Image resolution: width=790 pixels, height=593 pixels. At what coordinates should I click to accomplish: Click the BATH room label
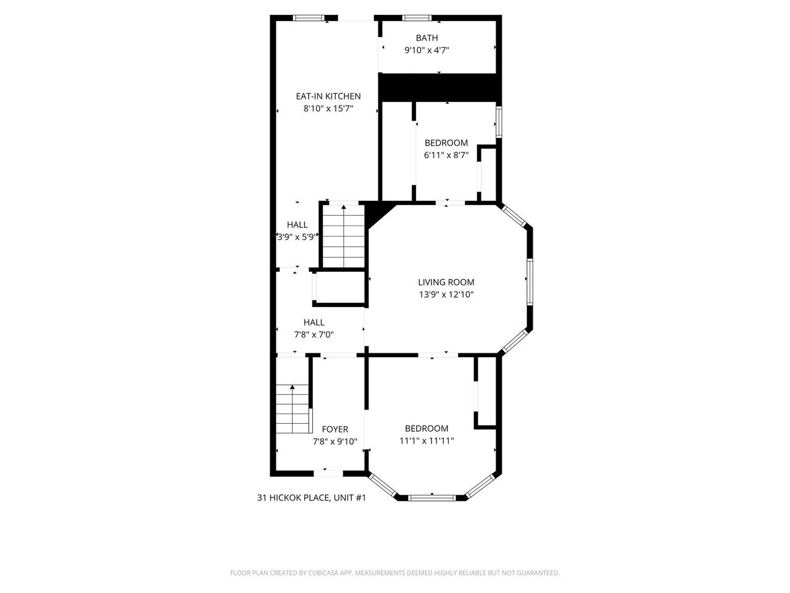426,38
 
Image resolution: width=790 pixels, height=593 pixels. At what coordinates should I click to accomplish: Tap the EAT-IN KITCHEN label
328,96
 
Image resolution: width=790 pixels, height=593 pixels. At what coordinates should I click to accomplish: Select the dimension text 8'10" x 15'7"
328,109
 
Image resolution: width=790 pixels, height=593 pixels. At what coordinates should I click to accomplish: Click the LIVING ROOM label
446,282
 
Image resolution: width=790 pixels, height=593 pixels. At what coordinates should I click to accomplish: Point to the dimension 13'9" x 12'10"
446,295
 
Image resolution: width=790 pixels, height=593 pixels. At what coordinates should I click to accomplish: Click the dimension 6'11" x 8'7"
446,156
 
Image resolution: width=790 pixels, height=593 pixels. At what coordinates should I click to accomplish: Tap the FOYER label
335,429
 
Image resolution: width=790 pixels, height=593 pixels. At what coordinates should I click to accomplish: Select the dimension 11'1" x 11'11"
426,440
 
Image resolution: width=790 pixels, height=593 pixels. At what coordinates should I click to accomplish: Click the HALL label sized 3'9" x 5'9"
297,225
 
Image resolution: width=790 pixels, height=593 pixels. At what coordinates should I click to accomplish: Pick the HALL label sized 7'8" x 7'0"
314,322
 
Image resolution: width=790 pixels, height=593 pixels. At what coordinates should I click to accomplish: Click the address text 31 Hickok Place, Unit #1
312,497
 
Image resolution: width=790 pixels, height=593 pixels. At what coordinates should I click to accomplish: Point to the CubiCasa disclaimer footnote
395,573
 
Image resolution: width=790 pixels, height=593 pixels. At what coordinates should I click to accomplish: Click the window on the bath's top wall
417,17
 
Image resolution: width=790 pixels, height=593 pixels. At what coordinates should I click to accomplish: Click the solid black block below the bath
438,88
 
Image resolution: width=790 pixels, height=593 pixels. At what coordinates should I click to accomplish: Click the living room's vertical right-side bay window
530,281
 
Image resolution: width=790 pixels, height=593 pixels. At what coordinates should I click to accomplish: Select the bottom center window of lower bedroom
432,497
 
